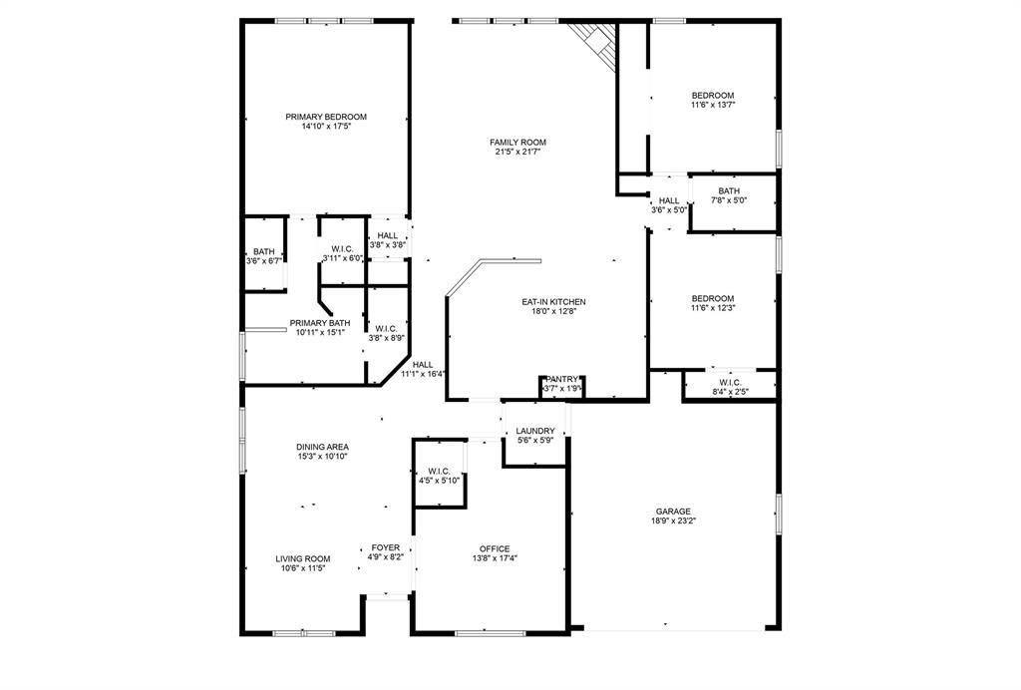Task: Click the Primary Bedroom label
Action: (x=325, y=117)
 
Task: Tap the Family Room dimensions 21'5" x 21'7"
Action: (x=517, y=153)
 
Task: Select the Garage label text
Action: (x=672, y=512)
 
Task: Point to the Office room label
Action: (x=495, y=548)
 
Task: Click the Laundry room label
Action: (x=534, y=431)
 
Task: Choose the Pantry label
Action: (x=561, y=379)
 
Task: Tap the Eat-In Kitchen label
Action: (x=553, y=301)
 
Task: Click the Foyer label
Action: (x=386, y=547)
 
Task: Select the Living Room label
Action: (x=303, y=558)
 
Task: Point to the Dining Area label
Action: (x=322, y=447)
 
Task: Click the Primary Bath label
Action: (x=320, y=323)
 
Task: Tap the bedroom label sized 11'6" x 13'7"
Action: (x=713, y=96)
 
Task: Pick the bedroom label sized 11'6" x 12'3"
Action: (x=713, y=299)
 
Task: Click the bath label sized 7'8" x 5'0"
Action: (x=729, y=191)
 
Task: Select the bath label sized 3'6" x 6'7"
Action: (x=263, y=252)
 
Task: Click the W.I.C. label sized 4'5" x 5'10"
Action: (x=439, y=472)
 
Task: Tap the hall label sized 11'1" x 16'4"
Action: (x=423, y=365)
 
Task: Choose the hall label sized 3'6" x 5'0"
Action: (x=668, y=200)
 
